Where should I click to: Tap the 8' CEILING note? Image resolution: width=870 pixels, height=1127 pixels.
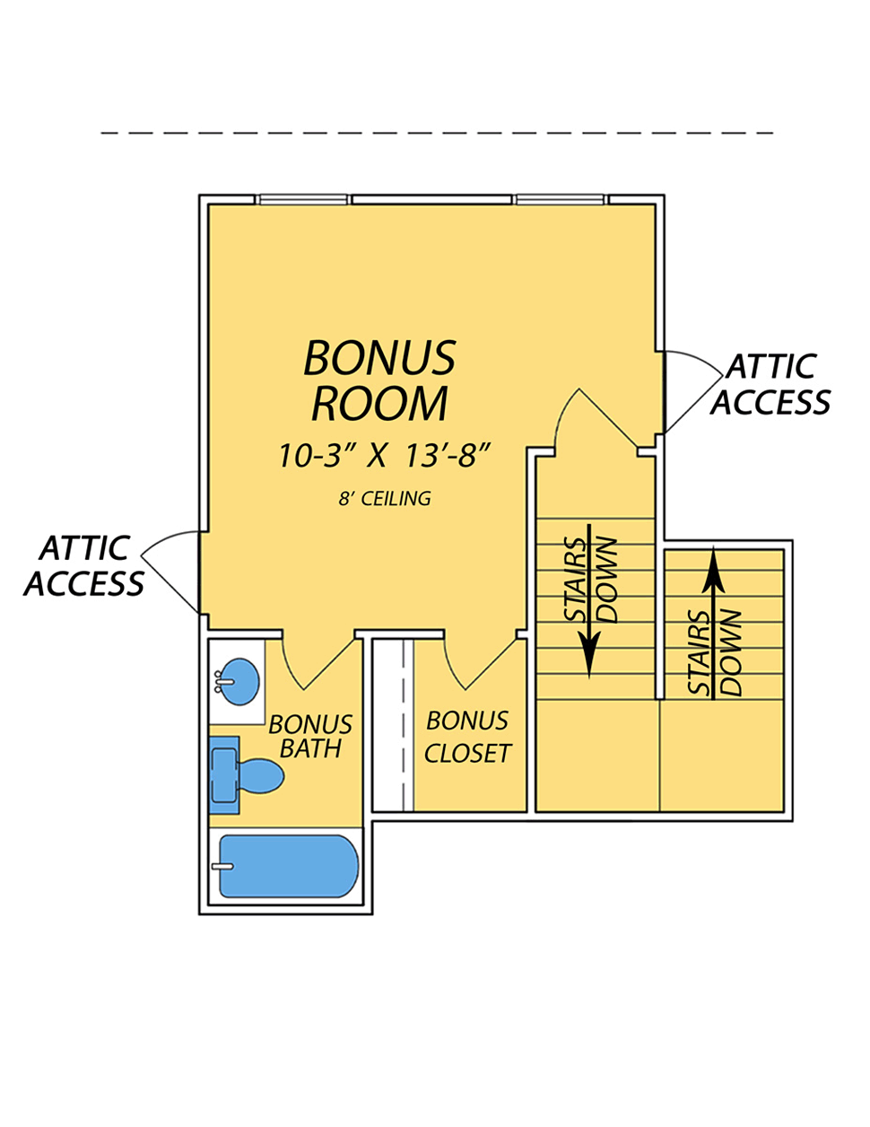coord(385,498)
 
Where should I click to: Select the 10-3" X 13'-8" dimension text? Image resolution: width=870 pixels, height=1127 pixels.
coord(384,456)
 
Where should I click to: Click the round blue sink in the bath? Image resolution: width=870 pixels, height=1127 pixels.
coord(241,681)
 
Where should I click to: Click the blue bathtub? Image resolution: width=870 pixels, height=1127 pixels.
coord(289,866)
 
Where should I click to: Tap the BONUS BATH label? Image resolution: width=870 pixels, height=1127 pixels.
coord(309,737)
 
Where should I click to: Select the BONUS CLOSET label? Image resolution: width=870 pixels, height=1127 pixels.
coord(467,737)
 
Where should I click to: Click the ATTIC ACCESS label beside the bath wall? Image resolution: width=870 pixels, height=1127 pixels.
coord(84,565)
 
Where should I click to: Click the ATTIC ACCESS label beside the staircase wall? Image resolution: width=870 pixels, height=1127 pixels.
coord(770,384)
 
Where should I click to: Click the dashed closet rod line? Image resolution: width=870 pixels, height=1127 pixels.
coord(403,724)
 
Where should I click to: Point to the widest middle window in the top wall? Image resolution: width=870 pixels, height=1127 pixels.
coord(431,200)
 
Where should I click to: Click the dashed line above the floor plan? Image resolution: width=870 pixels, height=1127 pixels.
coord(437,134)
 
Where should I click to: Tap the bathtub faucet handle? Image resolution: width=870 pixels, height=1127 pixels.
coord(222,866)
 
